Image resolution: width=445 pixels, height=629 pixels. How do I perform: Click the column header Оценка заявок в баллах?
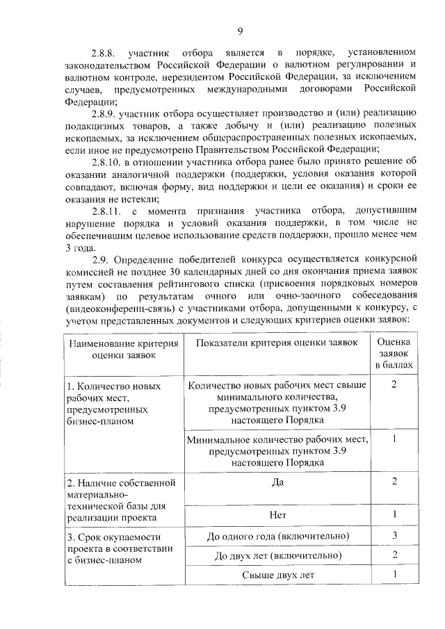pyautogui.click(x=394, y=353)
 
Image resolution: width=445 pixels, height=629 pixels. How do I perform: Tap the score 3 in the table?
pyautogui.click(x=394, y=536)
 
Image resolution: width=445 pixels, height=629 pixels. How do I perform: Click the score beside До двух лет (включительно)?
pyautogui.click(x=394, y=555)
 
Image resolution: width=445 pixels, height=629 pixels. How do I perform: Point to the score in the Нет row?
pyautogui.click(x=394, y=515)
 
